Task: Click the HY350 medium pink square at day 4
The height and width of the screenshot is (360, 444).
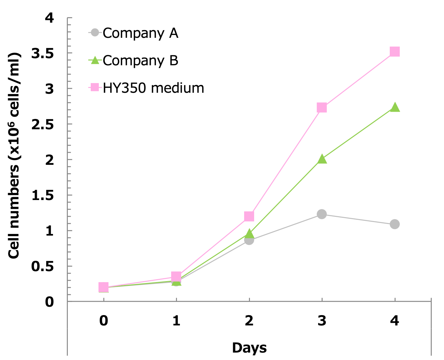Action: (395, 52)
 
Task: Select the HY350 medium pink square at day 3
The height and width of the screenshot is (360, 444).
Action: (322, 108)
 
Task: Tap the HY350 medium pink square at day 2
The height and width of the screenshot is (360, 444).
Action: (249, 216)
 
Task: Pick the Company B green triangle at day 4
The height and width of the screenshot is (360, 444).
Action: (395, 108)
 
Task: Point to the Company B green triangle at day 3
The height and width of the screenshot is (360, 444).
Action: (322, 159)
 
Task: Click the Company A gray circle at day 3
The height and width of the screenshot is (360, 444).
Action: (322, 214)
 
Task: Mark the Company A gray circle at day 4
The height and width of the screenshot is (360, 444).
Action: (395, 224)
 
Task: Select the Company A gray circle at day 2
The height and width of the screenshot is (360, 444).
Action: (249, 240)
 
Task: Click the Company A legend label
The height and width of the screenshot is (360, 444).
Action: (140, 33)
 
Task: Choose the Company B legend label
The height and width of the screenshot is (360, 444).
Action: (140, 60)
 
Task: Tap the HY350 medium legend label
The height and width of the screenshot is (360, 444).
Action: (153, 88)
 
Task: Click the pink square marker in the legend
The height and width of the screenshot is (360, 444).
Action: (95, 87)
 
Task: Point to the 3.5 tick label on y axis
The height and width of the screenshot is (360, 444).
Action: (42, 53)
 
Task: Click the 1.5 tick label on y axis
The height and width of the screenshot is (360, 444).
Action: (42, 196)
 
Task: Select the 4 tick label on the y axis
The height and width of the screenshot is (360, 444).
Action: (49, 18)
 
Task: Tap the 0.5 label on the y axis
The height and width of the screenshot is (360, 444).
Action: (42, 267)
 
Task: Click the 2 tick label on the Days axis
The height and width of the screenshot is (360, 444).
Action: (249, 321)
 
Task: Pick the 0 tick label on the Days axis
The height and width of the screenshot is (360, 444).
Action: (103, 321)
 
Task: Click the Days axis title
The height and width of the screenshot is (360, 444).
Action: (249, 348)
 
